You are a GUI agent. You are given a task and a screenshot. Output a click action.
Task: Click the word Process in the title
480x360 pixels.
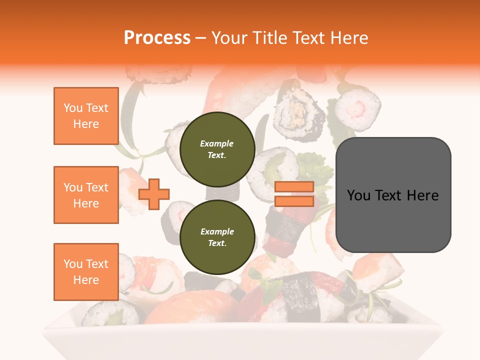(157, 38)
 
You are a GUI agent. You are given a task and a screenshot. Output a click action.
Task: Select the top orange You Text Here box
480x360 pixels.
(86, 116)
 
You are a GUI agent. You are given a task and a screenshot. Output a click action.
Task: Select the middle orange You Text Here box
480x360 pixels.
(86, 195)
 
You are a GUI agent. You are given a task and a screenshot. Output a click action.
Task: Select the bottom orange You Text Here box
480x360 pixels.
(86, 272)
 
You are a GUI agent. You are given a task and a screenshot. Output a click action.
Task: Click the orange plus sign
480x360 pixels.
(154, 194)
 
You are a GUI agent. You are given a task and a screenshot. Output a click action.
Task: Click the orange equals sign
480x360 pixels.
(294, 194)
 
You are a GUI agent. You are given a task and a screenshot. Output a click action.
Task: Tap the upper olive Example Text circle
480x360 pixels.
(217, 149)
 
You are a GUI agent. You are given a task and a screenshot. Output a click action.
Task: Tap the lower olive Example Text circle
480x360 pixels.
(217, 237)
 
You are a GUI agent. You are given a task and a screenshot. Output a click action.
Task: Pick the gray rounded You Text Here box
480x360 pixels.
(393, 195)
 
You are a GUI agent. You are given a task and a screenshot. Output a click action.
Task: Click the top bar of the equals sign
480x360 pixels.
(294, 187)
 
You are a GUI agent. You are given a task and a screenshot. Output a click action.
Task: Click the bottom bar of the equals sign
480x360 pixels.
(294, 201)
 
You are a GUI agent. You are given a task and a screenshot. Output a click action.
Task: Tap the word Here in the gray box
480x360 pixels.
(422, 195)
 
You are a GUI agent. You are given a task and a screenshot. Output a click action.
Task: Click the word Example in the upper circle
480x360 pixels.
(217, 143)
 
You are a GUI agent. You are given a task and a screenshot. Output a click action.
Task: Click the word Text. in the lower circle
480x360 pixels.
(217, 243)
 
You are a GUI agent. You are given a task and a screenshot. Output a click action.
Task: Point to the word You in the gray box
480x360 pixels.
(359, 195)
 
